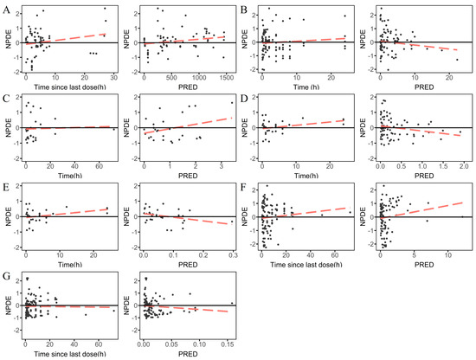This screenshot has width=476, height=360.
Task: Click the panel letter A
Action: pyautogui.click(x=6, y=10)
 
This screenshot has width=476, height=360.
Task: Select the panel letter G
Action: pyautogui.click(x=6, y=277)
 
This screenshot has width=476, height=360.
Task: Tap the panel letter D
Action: pyautogui.click(x=244, y=99)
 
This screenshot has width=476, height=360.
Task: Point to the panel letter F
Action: pyautogui.click(x=243, y=188)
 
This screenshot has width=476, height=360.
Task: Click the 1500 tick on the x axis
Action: pyautogui.click(x=226, y=78)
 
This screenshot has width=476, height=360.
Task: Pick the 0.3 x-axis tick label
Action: pyautogui.click(x=233, y=255)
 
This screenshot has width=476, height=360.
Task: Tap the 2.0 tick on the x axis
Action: pyautogui.click(x=464, y=166)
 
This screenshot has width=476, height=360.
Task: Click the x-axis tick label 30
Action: pyautogui.click(x=114, y=78)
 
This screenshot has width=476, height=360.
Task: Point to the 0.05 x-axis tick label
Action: pyautogui.click(x=172, y=344)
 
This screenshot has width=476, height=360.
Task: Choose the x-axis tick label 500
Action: pyautogui.click(x=171, y=78)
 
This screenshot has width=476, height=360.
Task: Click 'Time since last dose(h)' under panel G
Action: pyautogui.click(x=70, y=354)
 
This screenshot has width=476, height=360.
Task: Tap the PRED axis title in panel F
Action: pyautogui.click(x=424, y=265)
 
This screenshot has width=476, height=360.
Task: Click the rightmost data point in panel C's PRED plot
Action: pyautogui.click(x=232, y=103)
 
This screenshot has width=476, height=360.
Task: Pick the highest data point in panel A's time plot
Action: pyautogui.click(x=105, y=9)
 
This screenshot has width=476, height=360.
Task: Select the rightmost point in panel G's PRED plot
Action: pyautogui.click(x=232, y=303)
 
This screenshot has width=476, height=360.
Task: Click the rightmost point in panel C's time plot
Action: pyautogui.click(x=114, y=129)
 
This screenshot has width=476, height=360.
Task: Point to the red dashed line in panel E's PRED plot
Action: pyautogui.click(x=188, y=219)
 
